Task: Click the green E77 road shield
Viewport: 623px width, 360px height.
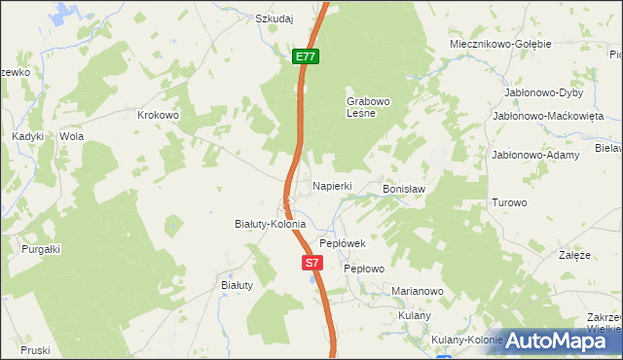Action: point(306,57)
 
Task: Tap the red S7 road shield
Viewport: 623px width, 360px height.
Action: point(311,263)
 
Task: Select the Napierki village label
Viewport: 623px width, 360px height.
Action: point(331,185)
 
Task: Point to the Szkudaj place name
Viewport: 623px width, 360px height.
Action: point(275,18)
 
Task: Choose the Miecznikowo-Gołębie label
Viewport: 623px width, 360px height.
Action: point(500,44)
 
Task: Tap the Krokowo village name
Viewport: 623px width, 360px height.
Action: point(160,115)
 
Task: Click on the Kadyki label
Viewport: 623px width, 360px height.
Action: point(28,137)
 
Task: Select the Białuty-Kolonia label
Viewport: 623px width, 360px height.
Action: point(271,224)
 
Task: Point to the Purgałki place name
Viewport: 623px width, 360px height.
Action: point(41,249)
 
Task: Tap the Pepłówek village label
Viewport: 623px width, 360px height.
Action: point(342,243)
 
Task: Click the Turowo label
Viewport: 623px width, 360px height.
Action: point(509,203)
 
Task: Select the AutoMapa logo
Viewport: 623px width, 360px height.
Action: point(555,341)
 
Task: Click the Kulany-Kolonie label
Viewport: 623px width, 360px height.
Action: point(466,340)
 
